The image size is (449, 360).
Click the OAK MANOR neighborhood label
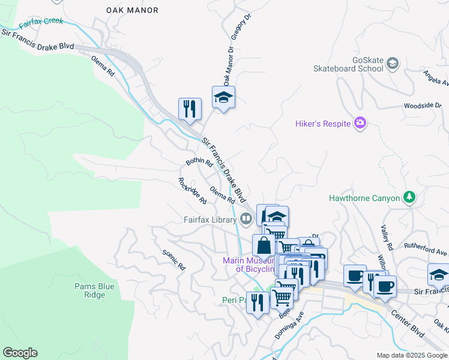pyautogui.click(x=132, y=10)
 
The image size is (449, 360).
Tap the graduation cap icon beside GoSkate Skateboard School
pyautogui.click(x=392, y=63)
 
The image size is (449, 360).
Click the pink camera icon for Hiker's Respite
pyautogui.click(x=360, y=124)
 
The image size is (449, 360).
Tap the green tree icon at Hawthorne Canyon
pyautogui.click(x=409, y=197)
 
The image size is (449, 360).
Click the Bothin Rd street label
pyautogui.click(x=199, y=162)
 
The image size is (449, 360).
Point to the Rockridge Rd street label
pyautogui.click(x=192, y=190)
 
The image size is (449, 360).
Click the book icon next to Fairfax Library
pyautogui.click(x=245, y=219)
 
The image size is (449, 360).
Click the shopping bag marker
pyautogui.click(x=264, y=245)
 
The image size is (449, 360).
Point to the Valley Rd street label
pyautogui.click(x=387, y=238)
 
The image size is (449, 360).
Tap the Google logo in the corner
pyautogui.click(x=20, y=353)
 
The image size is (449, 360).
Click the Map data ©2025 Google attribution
pyautogui.click(x=411, y=355)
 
